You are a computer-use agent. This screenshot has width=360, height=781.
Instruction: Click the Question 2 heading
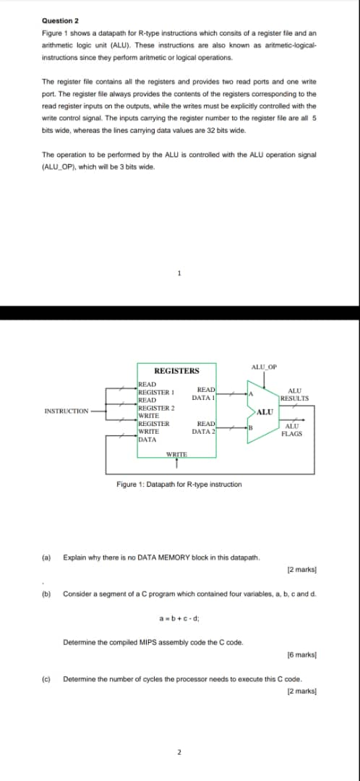click(x=60, y=22)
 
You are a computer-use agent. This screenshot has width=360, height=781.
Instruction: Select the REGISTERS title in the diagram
click(x=176, y=371)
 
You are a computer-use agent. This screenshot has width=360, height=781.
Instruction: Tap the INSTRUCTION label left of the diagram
click(x=66, y=411)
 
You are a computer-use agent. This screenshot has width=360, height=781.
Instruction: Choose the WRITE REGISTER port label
click(x=153, y=419)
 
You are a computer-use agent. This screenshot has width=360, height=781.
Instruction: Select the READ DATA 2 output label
click(x=204, y=427)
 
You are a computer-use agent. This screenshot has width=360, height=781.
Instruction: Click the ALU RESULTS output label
click(x=295, y=395)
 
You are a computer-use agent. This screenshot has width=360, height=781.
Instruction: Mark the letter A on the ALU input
click(x=250, y=394)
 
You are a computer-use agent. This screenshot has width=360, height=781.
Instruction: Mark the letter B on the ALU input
click(x=250, y=427)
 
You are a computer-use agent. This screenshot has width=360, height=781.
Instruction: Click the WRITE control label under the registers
click(x=176, y=453)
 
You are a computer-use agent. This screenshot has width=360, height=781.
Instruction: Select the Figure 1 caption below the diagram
click(x=179, y=484)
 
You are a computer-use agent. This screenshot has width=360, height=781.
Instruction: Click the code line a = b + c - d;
click(x=179, y=617)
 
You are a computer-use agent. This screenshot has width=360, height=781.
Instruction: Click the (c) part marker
click(x=46, y=679)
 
